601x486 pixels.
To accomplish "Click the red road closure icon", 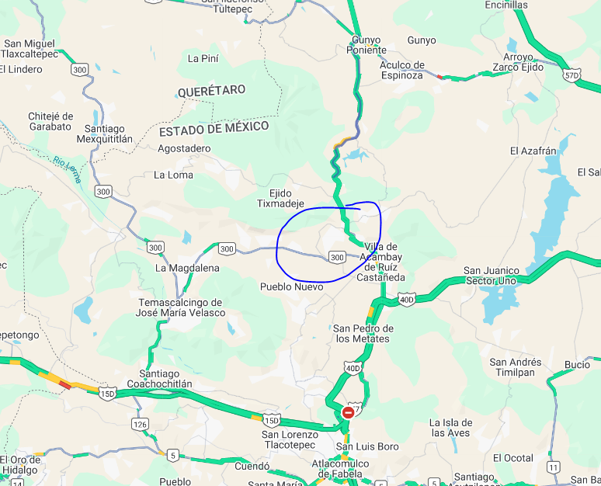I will [x=349, y=412].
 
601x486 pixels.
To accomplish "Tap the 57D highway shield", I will [x=571, y=75].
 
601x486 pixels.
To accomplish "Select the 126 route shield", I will [x=141, y=424].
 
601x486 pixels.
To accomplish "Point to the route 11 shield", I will [x=553, y=467].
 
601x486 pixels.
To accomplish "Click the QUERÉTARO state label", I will [x=211, y=91].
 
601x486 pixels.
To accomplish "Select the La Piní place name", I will [x=203, y=58].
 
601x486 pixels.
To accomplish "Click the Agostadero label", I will [x=184, y=148].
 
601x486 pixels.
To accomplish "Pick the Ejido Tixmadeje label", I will [x=281, y=198].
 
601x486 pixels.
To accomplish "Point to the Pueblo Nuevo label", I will [x=291, y=286].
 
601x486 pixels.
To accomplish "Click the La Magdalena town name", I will [x=187, y=268].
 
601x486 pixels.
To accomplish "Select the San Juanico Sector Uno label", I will [x=501, y=276].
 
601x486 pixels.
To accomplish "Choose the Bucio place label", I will [x=577, y=364].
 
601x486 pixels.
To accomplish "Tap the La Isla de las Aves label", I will [x=450, y=427].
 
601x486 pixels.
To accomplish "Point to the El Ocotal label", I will [x=513, y=458].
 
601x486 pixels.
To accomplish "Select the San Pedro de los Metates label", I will [x=363, y=333].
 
